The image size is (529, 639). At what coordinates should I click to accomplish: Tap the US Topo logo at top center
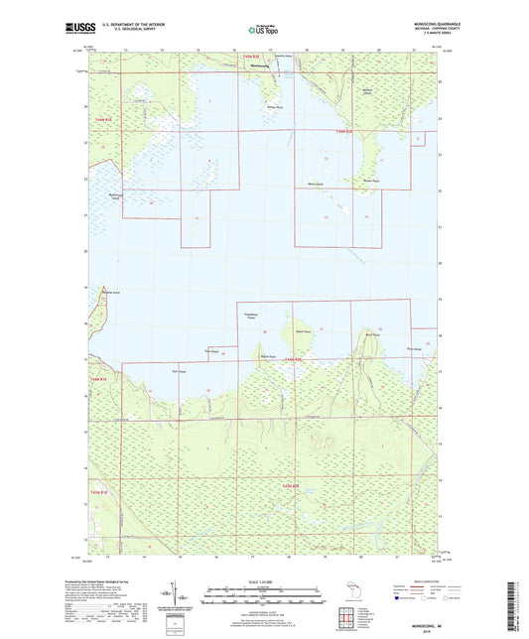coord(263,31)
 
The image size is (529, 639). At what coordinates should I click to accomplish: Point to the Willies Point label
coord(271,103)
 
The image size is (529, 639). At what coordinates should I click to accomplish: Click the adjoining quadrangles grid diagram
coord(348,618)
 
